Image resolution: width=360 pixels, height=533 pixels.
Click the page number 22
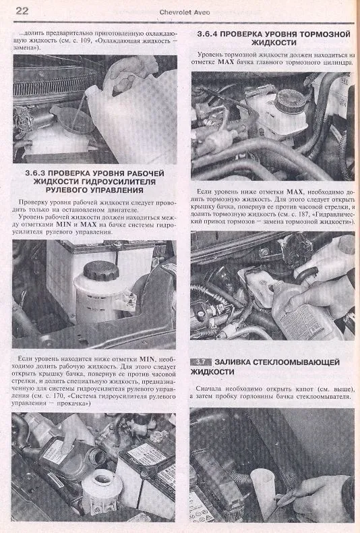(22, 11)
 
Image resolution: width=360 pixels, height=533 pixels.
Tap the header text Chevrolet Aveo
(185, 12)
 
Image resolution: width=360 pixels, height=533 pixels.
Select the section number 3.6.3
(36, 173)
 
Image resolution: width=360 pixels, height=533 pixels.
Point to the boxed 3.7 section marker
(201, 362)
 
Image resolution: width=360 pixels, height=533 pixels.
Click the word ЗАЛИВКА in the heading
(233, 362)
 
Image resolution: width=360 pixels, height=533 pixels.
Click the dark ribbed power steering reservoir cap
(101, 271)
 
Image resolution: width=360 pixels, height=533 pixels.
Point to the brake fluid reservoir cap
(291, 101)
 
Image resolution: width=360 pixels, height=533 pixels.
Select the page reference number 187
(304, 214)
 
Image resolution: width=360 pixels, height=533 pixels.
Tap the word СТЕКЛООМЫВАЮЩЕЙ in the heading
(296, 362)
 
